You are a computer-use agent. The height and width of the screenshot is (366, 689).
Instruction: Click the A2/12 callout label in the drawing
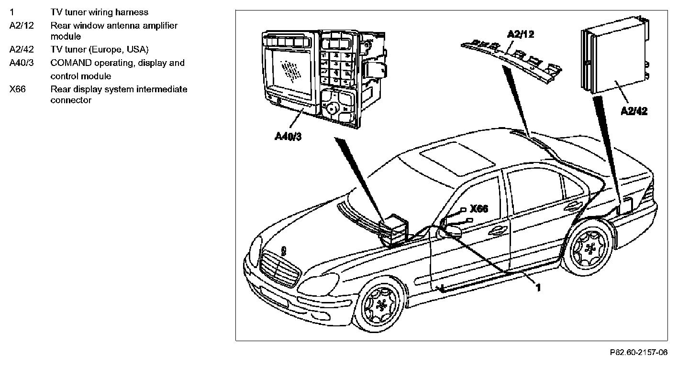521,34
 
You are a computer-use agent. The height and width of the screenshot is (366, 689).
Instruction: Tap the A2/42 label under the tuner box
634,111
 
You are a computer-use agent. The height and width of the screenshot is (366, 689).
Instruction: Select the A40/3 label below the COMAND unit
288,136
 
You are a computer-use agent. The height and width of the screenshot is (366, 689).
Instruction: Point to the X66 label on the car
479,209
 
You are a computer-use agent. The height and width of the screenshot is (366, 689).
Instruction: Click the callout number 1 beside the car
538,288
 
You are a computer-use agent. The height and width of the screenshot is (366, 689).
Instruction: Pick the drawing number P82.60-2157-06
638,353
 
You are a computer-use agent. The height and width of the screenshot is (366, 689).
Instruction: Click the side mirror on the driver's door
450,232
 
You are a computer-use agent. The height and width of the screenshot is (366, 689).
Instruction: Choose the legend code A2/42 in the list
22,49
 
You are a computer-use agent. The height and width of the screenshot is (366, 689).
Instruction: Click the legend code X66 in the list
17,89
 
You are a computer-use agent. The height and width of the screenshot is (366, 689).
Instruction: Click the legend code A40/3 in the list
22,63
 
